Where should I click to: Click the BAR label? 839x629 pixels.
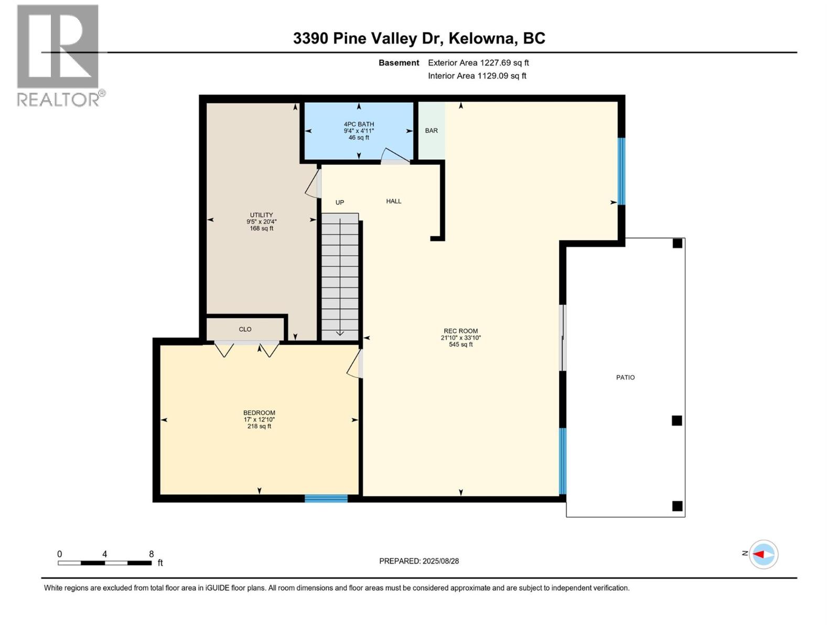431,131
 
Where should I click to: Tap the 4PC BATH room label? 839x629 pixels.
359,124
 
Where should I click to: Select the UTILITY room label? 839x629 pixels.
261,215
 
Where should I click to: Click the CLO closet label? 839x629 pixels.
245,329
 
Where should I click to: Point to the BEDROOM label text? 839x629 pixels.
259,413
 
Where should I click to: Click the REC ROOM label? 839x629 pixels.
460,331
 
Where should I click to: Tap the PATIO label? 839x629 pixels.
625,377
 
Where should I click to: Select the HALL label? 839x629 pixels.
393,201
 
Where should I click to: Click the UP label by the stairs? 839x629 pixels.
340,202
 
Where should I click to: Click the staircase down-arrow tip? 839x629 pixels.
340,334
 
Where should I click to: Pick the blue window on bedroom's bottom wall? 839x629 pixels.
326,498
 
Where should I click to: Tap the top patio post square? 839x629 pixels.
677,243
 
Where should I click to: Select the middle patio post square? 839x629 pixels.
676,420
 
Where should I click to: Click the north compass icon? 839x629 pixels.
763,554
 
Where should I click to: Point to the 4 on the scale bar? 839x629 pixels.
105,554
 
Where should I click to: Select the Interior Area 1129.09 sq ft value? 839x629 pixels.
501,75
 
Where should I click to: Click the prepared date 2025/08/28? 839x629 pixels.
440,561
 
